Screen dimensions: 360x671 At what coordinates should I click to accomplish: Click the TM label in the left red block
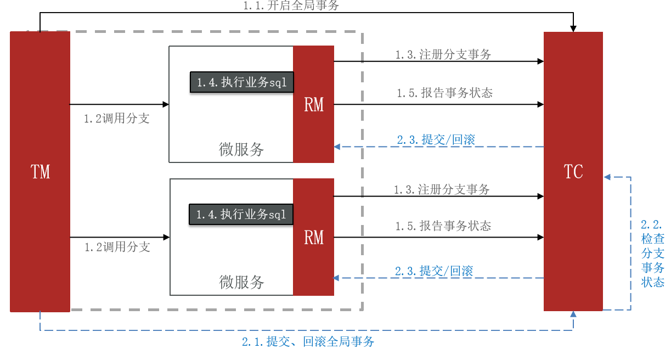[41, 172]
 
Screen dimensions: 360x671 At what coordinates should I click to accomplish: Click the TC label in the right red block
[573, 172]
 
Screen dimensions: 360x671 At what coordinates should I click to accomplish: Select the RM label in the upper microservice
[314, 105]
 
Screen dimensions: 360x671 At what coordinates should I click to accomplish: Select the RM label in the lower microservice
[314, 238]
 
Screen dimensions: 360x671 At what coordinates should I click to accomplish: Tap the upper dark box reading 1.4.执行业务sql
[242, 82]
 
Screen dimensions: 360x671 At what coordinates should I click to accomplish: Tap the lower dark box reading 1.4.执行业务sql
[241, 215]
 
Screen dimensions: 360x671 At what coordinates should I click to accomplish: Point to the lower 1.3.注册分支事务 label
[442, 190]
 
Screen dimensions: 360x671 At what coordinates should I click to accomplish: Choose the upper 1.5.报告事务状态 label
[445, 93]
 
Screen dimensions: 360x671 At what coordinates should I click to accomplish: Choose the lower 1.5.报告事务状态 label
[443, 226]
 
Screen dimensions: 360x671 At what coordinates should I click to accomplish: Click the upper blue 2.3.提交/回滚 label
[436, 139]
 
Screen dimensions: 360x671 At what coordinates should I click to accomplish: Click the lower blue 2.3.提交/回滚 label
[434, 271]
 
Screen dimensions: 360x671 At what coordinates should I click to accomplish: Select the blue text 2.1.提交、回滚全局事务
[308, 341]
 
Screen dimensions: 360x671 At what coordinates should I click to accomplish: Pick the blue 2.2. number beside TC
[652, 224]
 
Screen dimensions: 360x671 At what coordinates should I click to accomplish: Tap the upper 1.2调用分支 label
[116, 119]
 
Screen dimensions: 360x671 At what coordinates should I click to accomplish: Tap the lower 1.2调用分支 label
[117, 248]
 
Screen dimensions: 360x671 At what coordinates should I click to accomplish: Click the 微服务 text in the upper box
[241, 149]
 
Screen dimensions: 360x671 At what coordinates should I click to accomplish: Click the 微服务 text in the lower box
[241, 282]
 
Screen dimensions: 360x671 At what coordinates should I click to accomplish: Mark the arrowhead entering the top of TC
[573, 29]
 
